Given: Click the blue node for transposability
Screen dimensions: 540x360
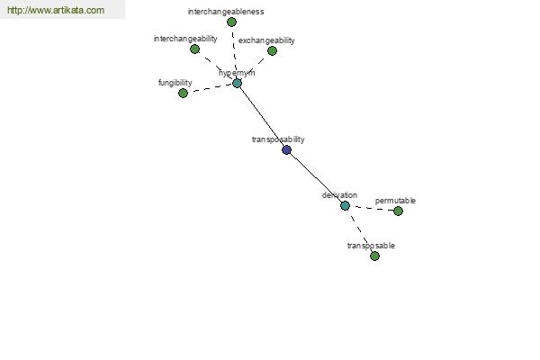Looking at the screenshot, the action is (x=286, y=150).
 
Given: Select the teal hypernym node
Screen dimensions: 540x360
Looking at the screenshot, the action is (x=237, y=83).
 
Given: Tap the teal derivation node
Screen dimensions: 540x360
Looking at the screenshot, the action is (x=345, y=206).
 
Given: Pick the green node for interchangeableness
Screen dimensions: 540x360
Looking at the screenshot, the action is (x=232, y=22).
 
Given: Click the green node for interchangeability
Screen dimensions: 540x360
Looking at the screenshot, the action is (x=195, y=49).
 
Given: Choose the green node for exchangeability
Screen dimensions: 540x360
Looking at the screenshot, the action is (x=272, y=51).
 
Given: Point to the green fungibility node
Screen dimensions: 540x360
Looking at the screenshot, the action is (x=184, y=93).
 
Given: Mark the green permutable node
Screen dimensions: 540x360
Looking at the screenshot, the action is (x=398, y=211).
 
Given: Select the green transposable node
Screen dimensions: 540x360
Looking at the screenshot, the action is (x=374, y=256).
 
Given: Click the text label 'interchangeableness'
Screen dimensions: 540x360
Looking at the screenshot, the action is (x=226, y=12).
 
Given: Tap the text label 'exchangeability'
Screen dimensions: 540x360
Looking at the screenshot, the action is (x=266, y=40).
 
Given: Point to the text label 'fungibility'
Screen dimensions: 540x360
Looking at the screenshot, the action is (x=175, y=83).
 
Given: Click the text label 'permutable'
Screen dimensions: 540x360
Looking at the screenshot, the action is (x=395, y=201).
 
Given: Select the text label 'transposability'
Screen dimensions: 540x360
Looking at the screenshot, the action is (x=278, y=139).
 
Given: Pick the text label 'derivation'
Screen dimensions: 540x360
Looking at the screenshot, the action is (x=339, y=195).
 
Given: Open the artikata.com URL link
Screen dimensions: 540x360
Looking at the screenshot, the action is (x=56, y=10).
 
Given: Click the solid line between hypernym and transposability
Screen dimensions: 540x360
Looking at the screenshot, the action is (x=262, y=116).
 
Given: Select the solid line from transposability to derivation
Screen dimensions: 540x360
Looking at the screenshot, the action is (x=316, y=178).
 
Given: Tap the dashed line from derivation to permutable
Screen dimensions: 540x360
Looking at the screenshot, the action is (x=372, y=209).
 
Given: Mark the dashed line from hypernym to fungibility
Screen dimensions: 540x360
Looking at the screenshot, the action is (x=210, y=88).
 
